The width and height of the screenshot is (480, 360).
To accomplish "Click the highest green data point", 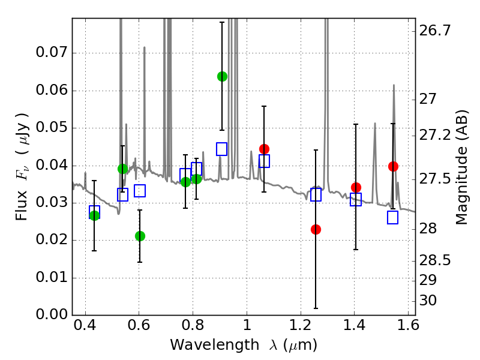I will (x=222, y=76).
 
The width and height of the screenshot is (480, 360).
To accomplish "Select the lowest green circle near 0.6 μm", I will (x=140, y=236).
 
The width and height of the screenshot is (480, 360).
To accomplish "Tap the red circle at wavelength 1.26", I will (x=316, y=229).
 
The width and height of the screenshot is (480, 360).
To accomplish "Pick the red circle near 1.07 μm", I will (x=264, y=149).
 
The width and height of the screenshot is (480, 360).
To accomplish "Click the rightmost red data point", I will (x=393, y=166).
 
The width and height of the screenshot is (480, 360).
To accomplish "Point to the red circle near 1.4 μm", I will (x=356, y=187).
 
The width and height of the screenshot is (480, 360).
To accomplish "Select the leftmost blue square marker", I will (x=94, y=212).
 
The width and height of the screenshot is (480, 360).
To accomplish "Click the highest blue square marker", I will (x=222, y=149).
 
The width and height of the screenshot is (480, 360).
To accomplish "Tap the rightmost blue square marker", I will (x=393, y=217).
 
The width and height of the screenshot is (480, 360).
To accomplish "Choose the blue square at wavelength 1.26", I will (x=316, y=194).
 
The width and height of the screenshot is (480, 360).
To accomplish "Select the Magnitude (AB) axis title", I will (x=461, y=167).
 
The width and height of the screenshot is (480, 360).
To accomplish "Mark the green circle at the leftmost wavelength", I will (x=94, y=216).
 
